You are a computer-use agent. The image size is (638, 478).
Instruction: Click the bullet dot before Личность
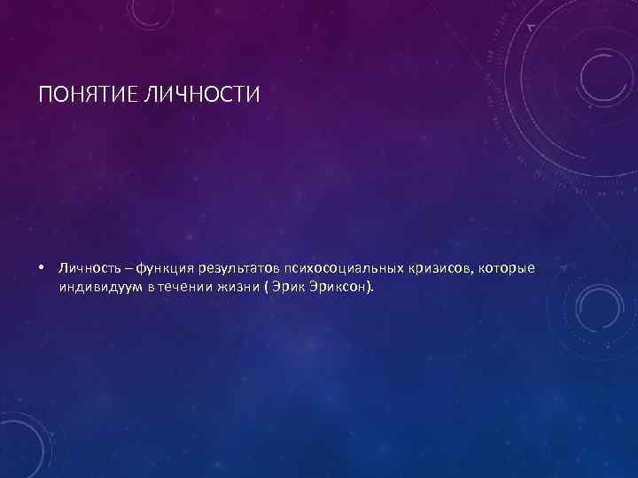tap(42, 267)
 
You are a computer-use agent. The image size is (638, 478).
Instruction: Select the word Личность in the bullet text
tap(86, 267)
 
